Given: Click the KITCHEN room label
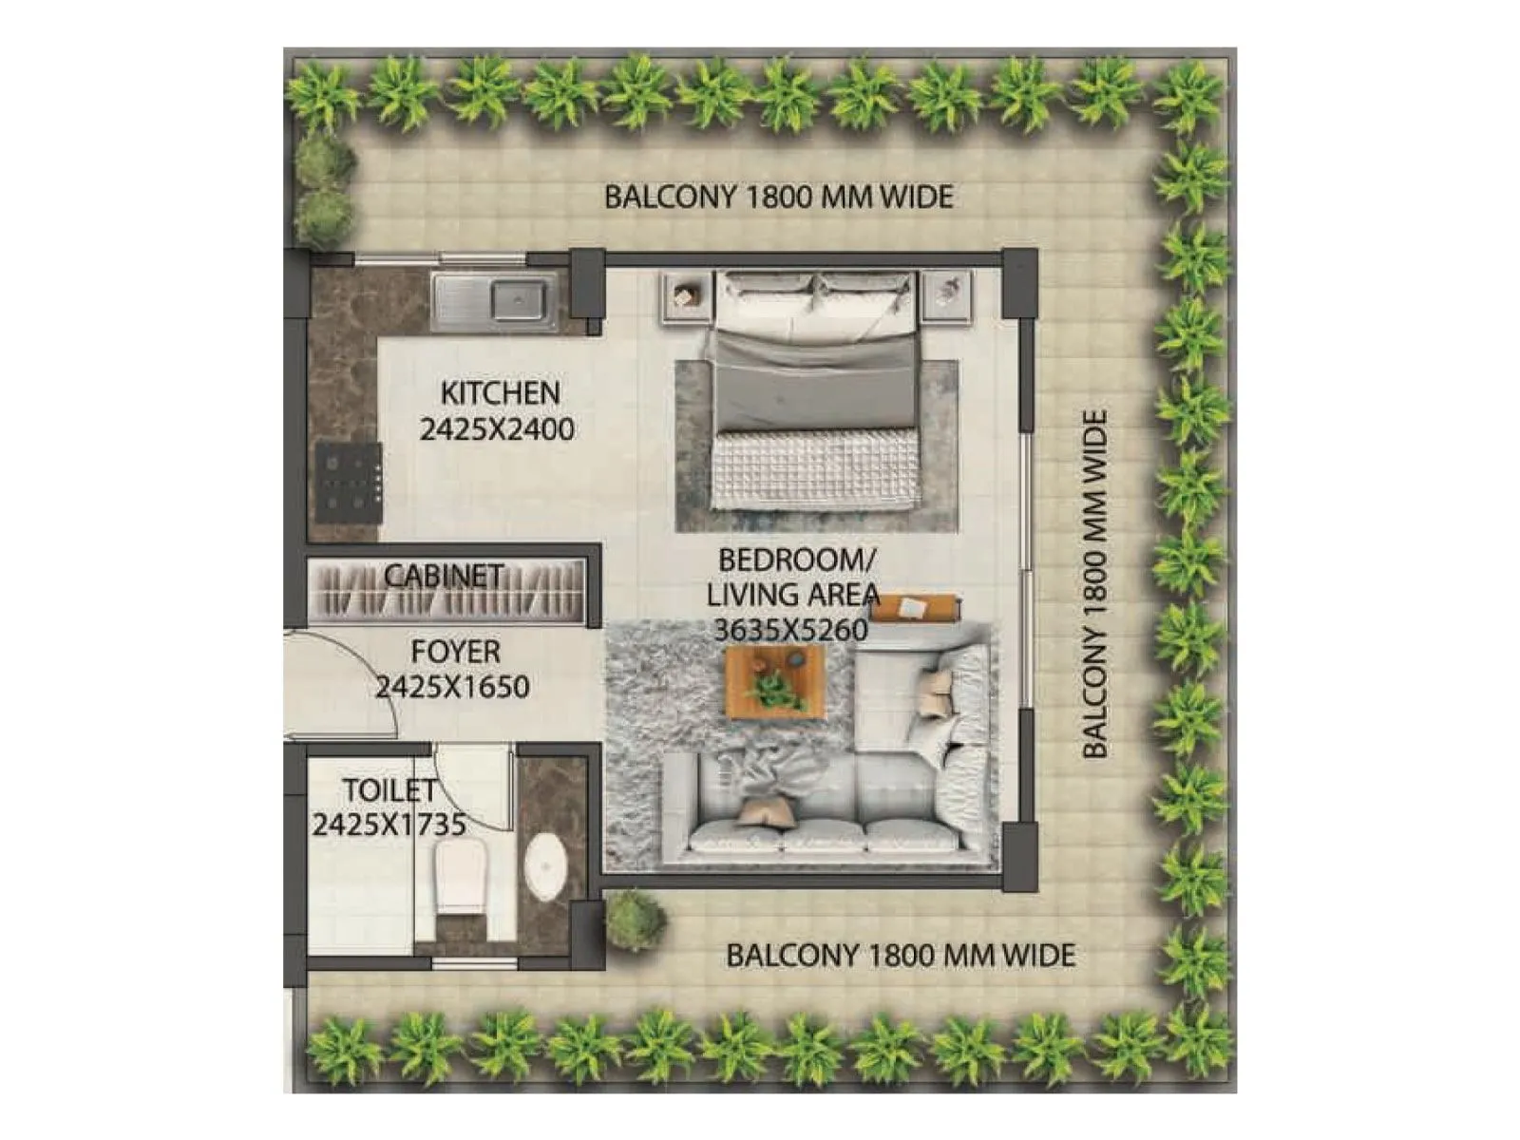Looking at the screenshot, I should tap(500, 392).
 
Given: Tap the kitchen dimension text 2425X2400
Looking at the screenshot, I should tap(497, 429).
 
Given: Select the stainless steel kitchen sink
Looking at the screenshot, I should tap(494, 300).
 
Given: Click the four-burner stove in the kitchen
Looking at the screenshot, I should tap(349, 482).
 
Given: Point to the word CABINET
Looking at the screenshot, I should tap(444, 576).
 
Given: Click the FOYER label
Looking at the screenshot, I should tap(455, 652).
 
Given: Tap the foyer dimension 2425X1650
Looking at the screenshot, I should tap(452, 687).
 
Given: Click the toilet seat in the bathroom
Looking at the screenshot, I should tap(461, 875).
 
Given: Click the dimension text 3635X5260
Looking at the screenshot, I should tap(790, 630).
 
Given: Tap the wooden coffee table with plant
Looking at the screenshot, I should tap(775, 680).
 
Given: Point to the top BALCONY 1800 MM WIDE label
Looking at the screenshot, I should tap(778, 198).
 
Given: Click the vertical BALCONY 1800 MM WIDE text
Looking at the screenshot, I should tap(1095, 583).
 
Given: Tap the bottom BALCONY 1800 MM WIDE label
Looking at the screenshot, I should tap(900, 955).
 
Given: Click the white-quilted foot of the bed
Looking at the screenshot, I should tap(816, 469).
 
